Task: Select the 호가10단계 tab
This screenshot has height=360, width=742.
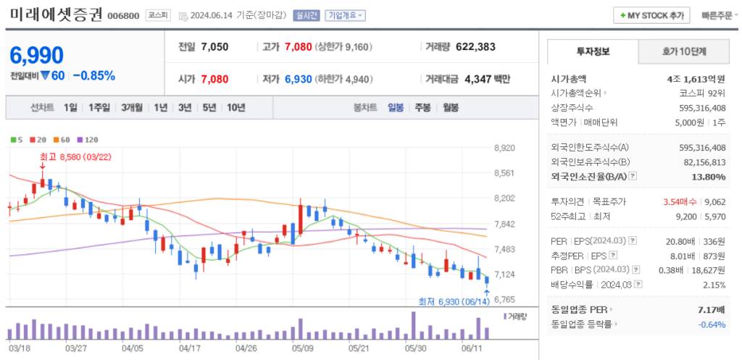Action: pyautogui.click(x=684, y=52)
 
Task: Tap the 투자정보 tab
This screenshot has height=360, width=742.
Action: pyautogui.click(x=593, y=52)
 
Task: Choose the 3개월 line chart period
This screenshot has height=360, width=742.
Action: pyautogui.click(x=132, y=107)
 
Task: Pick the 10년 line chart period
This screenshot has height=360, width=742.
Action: pyautogui.click(x=235, y=107)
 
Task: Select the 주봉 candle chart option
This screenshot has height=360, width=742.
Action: pyautogui.click(x=422, y=107)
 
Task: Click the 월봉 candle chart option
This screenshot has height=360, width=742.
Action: pyautogui.click(x=450, y=107)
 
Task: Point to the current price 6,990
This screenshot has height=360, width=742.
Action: pyautogui.click(x=37, y=55)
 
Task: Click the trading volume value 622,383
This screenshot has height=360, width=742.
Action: pyautogui.click(x=475, y=47)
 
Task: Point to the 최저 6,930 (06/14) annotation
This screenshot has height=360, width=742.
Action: pyautogui.click(x=454, y=301)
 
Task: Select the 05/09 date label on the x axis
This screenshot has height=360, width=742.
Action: pyautogui.click(x=303, y=347)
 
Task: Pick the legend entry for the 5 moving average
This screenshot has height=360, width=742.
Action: pyautogui.click(x=17, y=139)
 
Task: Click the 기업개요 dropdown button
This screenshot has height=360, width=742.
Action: pyautogui.click(x=346, y=15)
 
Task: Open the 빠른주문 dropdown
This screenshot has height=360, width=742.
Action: pyautogui.click(x=720, y=15)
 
